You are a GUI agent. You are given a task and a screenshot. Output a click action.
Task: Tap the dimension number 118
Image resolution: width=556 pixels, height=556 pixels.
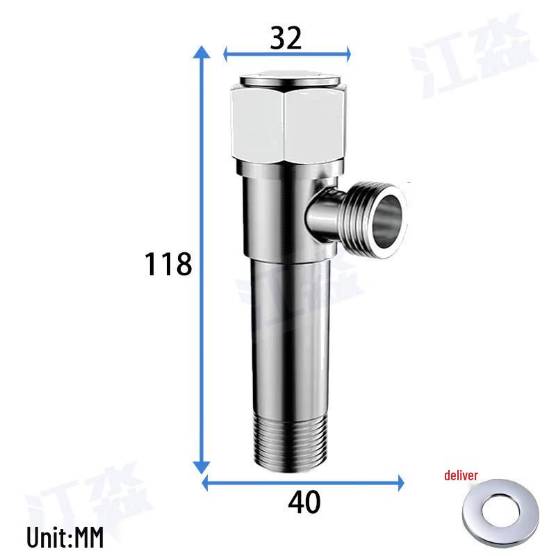[x=167, y=264]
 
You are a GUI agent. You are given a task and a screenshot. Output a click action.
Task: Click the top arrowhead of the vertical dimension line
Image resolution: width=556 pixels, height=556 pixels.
[x=202, y=54]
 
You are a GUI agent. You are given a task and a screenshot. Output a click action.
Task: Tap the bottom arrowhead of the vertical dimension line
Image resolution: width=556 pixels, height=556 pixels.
[x=202, y=468]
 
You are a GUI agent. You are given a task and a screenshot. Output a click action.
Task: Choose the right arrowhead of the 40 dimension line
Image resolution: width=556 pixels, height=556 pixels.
[x=399, y=481]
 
